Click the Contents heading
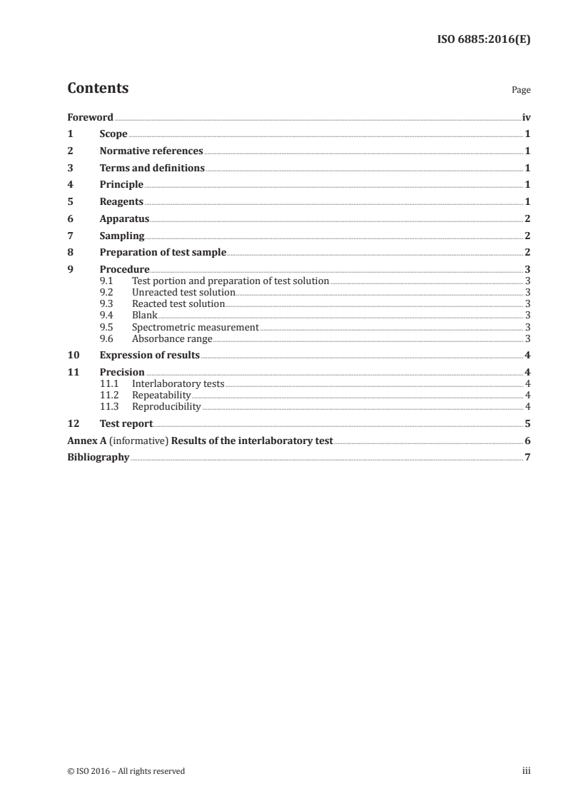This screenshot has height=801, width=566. (98, 89)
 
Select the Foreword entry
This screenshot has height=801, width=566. (90, 117)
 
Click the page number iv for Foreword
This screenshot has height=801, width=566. (526, 117)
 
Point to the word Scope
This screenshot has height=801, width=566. (113, 134)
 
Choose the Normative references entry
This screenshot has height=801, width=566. (151, 151)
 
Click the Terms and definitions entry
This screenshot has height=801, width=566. (152, 168)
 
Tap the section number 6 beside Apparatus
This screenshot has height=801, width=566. (70, 219)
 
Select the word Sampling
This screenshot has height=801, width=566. (122, 236)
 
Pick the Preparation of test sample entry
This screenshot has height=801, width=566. (163, 253)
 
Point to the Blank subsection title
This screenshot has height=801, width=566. (145, 316)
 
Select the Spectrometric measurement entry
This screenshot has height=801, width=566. (196, 327)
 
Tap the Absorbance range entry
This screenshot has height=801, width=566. (172, 338)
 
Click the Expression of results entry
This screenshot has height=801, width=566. (150, 355)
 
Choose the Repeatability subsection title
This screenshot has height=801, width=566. (161, 396)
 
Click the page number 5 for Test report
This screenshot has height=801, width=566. (527, 423)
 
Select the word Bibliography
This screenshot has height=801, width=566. (98, 458)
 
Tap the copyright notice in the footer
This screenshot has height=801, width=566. (126, 771)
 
